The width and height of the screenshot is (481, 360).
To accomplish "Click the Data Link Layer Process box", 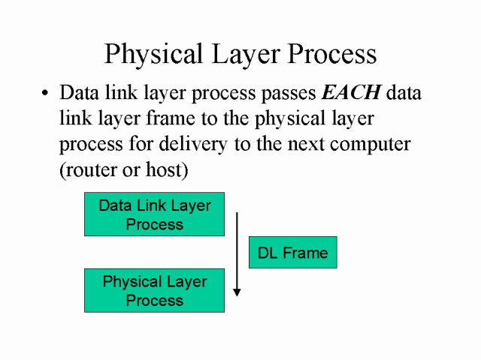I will click(x=154, y=214).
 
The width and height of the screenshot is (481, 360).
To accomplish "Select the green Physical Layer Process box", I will click(x=154, y=290).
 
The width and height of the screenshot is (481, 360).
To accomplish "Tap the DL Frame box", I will click(x=292, y=253).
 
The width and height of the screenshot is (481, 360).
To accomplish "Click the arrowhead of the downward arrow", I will click(x=237, y=291).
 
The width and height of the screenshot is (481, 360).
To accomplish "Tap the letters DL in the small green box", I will click(x=268, y=253).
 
